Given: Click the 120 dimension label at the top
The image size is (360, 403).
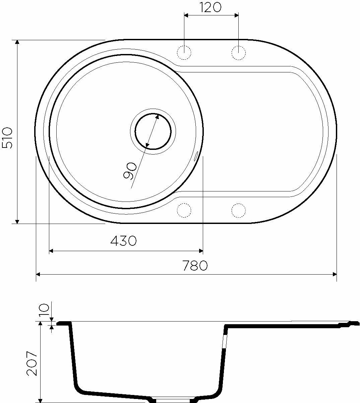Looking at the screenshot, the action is pos(210,8).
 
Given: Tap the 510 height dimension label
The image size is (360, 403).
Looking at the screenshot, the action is pos(7,138).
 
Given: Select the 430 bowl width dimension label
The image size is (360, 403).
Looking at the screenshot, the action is pos(123,241).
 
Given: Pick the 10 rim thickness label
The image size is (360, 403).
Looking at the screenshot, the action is pos(44,310).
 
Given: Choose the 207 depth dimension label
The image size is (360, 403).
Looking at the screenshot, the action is pos(32,363).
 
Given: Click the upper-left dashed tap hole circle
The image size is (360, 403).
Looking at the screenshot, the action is pos(184,53).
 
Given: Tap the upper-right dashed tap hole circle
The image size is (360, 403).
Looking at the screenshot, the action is pos(238,53).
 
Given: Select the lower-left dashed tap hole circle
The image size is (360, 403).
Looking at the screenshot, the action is pos(184,210).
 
